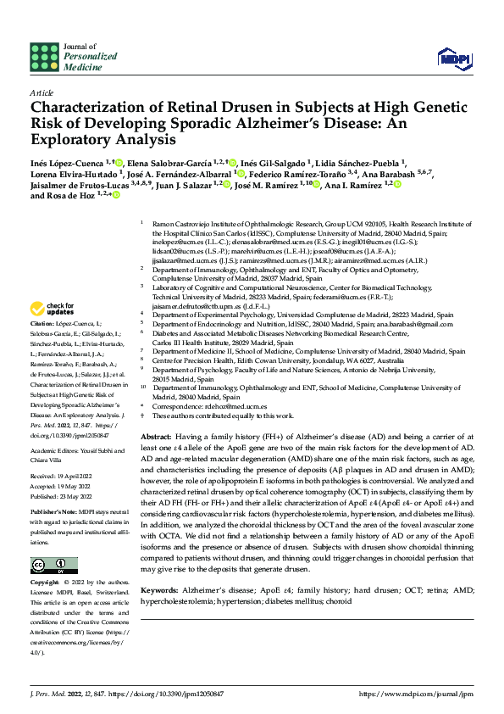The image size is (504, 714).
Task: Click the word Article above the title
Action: coord(42,92)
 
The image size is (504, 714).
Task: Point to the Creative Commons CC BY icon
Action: coord(50,565)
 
